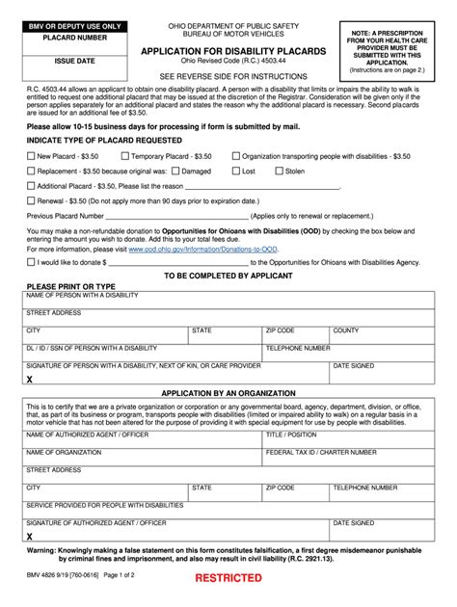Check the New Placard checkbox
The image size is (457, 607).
(31, 155)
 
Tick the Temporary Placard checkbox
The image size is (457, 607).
(125, 155)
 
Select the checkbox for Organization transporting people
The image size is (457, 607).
(235, 155)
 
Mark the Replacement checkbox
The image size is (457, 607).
(31, 171)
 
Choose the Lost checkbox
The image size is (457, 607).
(234, 171)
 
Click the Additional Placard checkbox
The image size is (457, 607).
(31, 186)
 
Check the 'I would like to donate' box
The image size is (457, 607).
(31, 261)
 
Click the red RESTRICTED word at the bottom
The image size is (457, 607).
(228, 578)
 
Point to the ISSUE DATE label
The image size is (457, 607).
(60, 60)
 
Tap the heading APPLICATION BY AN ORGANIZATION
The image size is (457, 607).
(228, 394)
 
